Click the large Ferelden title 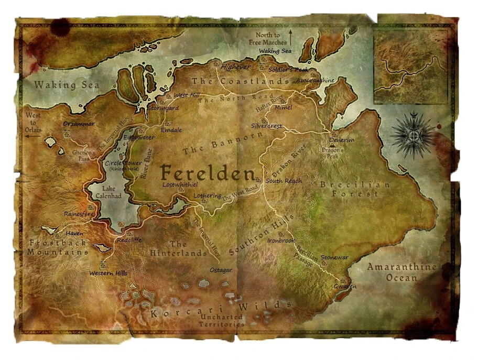pos(208,172)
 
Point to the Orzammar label pos(79,124)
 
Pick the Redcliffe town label pos(129,239)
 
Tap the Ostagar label pos(221,270)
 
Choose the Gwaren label pos(345,287)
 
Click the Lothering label pos(208,196)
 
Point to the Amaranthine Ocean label pos(401,272)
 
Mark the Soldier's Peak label pos(288,69)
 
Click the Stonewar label pos(334,257)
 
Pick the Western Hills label pos(108,273)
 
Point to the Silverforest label pos(266,126)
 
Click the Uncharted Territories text pos(221,320)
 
